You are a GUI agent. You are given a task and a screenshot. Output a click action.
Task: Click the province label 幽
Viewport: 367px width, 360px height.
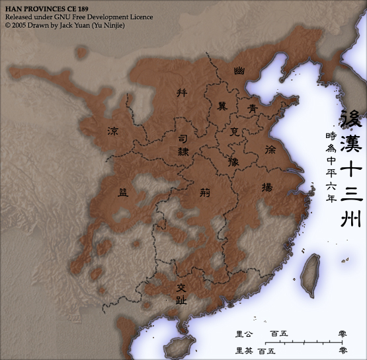239,69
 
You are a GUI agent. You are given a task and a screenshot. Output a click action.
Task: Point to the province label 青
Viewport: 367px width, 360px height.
253,106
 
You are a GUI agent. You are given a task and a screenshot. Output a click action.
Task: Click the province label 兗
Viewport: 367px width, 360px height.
235,132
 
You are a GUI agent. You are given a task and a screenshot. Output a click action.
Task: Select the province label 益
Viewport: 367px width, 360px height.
124,192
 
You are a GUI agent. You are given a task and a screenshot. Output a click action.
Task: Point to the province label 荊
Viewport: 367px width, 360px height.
205,194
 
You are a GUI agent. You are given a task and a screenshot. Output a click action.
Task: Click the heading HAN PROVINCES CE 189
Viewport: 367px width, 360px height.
42,7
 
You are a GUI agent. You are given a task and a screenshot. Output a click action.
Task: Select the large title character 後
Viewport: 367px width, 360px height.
351,120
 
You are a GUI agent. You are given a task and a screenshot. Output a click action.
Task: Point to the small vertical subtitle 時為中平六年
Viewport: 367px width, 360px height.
331,166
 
